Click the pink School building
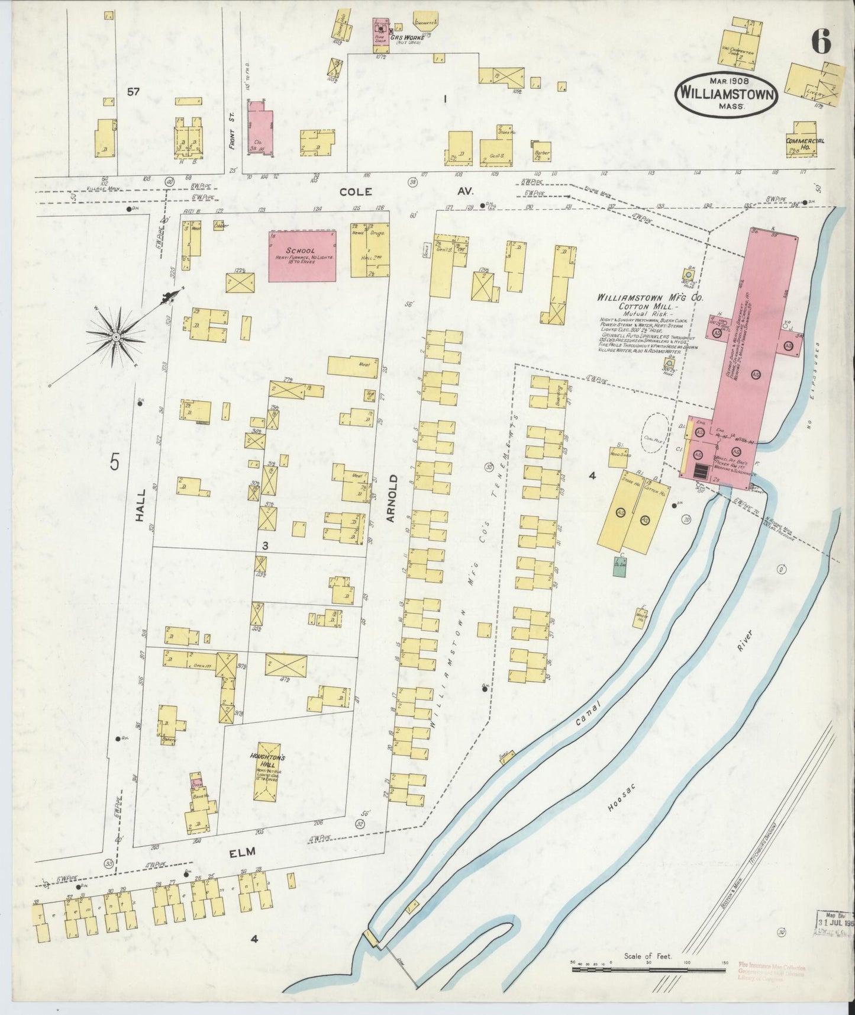[x=302, y=255]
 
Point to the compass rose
[x=117, y=337]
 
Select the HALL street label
[x=140, y=508]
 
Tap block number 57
[x=133, y=91]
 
